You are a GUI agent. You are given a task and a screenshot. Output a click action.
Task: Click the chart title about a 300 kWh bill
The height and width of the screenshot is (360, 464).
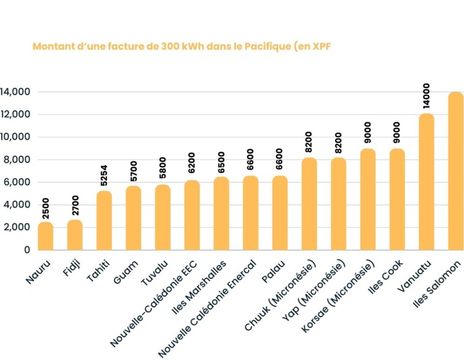coord(181,47)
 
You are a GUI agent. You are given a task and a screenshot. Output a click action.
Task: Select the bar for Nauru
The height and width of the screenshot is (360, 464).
coord(45,236)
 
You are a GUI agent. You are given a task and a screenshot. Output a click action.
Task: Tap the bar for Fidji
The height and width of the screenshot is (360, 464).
coord(75,235)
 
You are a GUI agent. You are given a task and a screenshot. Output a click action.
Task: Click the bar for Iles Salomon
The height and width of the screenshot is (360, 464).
coord(456,171)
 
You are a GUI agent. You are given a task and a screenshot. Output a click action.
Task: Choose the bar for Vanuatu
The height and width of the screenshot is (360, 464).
coord(427,182)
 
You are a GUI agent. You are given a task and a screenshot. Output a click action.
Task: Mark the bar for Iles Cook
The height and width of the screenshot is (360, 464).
coord(397,200)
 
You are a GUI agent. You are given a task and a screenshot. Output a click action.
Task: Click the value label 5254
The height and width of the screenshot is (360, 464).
coord(103,176)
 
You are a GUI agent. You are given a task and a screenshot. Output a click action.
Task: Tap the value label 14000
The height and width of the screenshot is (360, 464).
coord(426,96)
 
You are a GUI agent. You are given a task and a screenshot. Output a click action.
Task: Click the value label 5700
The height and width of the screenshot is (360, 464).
coord(133,171)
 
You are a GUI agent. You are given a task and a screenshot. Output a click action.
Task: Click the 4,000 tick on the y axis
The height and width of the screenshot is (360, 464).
coord(18,205)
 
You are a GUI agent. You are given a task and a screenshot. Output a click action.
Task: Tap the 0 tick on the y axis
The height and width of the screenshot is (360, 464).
coord(26,250)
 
